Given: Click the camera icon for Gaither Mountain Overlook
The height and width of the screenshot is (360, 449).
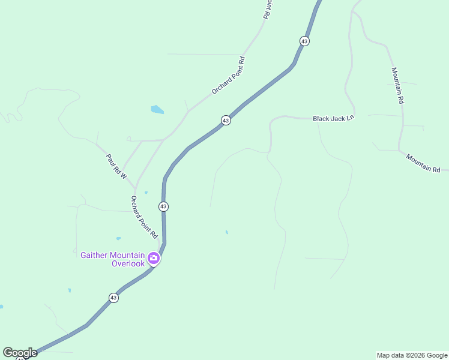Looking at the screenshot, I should pyautogui.click(x=154, y=258).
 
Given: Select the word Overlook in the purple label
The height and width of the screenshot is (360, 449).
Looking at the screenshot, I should pyautogui.click(x=128, y=263).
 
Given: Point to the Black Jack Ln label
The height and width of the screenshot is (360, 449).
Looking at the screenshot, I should pyautogui.click(x=334, y=119).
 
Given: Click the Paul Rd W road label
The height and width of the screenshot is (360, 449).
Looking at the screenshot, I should pyautogui.click(x=117, y=167).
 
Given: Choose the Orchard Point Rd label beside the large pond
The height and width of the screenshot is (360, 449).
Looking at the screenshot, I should pyautogui.click(x=229, y=75).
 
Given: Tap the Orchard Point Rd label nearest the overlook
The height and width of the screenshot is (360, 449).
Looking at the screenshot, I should pyautogui.click(x=144, y=217).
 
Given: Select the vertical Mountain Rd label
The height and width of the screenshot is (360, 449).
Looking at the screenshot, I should pyautogui.click(x=398, y=85).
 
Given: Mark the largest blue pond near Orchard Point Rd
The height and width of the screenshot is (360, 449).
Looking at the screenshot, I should pyautogui.click(x=157, y=110).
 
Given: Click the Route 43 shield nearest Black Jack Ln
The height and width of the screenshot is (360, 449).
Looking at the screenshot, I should pyautogui.click(x=226, y=121).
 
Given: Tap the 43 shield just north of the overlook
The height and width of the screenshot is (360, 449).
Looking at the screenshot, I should pyautogui.click(x=163, y=206).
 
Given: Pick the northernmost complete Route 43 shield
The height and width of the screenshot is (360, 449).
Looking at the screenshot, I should pyautogui.click(x=305, y=41).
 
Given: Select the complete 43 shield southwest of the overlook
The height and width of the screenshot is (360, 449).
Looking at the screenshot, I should pyautogui.click(x=113, y=298).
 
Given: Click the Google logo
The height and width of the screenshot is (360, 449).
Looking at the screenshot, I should pyautogui.click(x=20, y=353).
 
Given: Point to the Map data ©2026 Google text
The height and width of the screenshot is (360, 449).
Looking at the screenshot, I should pyautogui.click(x=412, y=355).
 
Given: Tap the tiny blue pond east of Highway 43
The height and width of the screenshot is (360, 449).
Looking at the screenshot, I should pyautogui.click(x=226, y=232).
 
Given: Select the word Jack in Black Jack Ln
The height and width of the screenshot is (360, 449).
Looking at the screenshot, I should pyautogui.click(x=338, y=119).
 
